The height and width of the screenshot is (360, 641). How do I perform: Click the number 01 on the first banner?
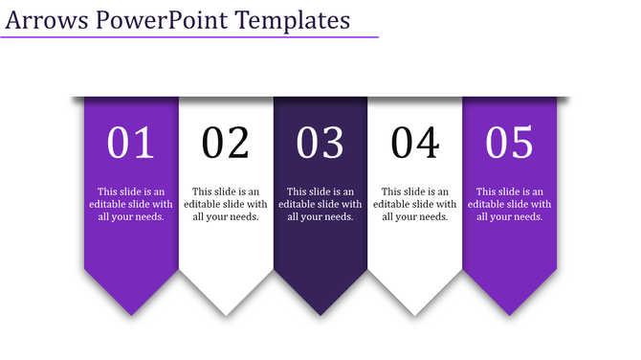pyautogui.click(x=131, y=144)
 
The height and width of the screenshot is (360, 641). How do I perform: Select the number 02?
pyautogui.click(x=226, y=144)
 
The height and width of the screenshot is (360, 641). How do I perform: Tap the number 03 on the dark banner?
pyautogui.click(x=320, y=144)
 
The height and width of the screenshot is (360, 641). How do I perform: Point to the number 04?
pyautogui.click(x=415, y=144)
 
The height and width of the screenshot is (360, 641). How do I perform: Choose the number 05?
pyautogui.click(x=509, y=144)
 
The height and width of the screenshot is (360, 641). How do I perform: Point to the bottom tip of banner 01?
pyautogui.click(x=131, y=314)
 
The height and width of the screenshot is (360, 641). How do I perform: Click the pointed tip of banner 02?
pyautogui.click(x=226, y=314)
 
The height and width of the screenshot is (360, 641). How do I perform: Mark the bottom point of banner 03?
pyautogui.click(x=320, y=314)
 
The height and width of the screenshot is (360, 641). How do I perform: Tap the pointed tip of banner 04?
pyautogui.click(x=415, y=314)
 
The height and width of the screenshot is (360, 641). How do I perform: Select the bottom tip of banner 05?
pyautogui.click(x=509, y=314)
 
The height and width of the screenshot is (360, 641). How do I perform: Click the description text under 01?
pyautogui.click(x=131, y=204)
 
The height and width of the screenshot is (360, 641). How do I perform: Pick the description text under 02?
pyautogui.click(x=226, y=204)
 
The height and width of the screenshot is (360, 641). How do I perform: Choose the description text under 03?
pyautogui.click(x=320, y=204)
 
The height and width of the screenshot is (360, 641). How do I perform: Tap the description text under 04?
pyautogui.click(x=415, y=204)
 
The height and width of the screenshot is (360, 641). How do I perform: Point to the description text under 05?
pyautogui.click(x=509, y=204)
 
